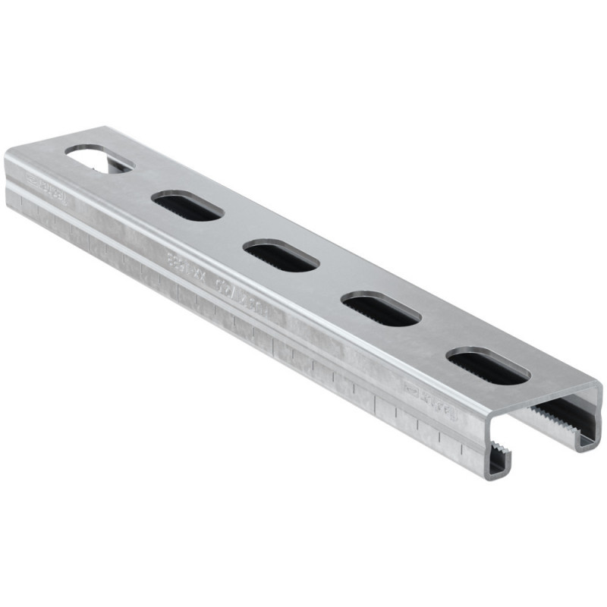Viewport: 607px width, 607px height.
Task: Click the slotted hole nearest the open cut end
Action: (488, 365)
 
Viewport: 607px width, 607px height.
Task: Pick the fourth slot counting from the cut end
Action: (187, 206)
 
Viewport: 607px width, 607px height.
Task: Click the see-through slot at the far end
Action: (99, 159)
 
